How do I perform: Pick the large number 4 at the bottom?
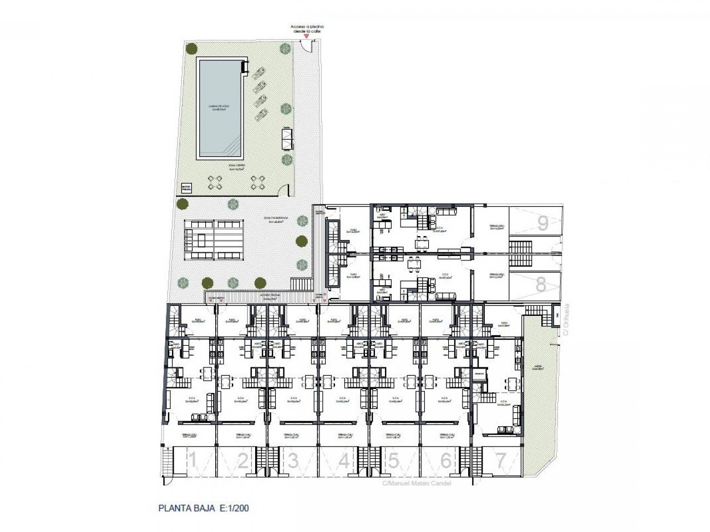tap(344, 461)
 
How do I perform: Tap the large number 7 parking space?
tap(500, 460)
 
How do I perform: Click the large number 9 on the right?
tap(542, 223)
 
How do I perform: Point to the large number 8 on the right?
tap(541, 284)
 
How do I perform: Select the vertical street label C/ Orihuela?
tap(566, 322)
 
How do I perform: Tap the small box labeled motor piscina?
tap(185, 189)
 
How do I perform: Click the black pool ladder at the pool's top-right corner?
tap(244, 67)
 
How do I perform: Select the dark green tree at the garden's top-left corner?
tap(190, 49)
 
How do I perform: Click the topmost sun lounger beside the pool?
tap(258, 73)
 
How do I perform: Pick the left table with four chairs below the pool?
tap(215, 182)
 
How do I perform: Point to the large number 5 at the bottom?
tap(393, 460)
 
